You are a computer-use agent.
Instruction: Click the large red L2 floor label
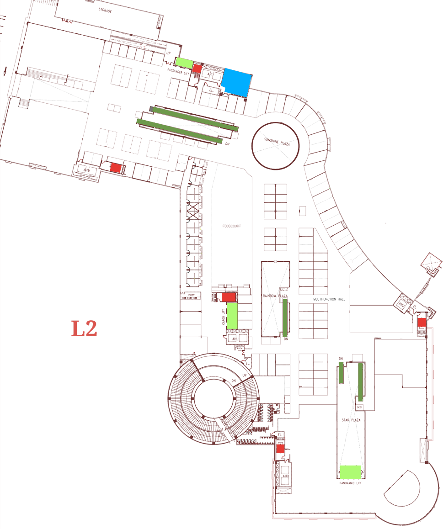point(85,328)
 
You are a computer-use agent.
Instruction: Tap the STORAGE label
point(105,10)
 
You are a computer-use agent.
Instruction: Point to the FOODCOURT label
point(231,226)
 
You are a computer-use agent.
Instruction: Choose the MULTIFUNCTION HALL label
point(329,299)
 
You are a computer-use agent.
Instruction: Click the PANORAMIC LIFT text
point(351,483)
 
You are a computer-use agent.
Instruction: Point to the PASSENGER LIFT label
point(178,73)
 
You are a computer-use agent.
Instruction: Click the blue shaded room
point(236,82)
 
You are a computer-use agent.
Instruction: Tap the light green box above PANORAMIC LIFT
point(351,471)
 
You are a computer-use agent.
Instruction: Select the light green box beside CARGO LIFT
point(232,315)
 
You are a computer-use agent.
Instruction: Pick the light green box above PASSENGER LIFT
point(184,62)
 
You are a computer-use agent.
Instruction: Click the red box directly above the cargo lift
point(228,297)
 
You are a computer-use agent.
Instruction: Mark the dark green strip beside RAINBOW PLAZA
point(285,317)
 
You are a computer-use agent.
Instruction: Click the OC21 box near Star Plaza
point(359,407)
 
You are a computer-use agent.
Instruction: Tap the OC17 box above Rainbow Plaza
point(283,289)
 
